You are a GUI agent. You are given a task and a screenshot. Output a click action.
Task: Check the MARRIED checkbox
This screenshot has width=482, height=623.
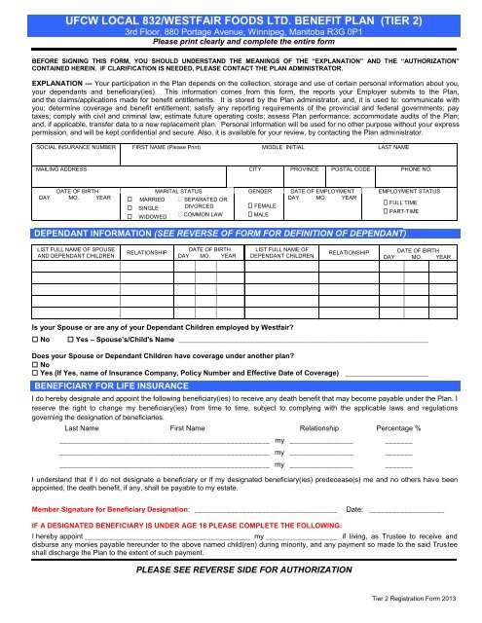pyautogui.click(x=130, y=200)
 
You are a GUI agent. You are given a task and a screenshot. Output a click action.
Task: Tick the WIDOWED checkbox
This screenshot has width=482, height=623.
pyautogui.click(x=130, y=217)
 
